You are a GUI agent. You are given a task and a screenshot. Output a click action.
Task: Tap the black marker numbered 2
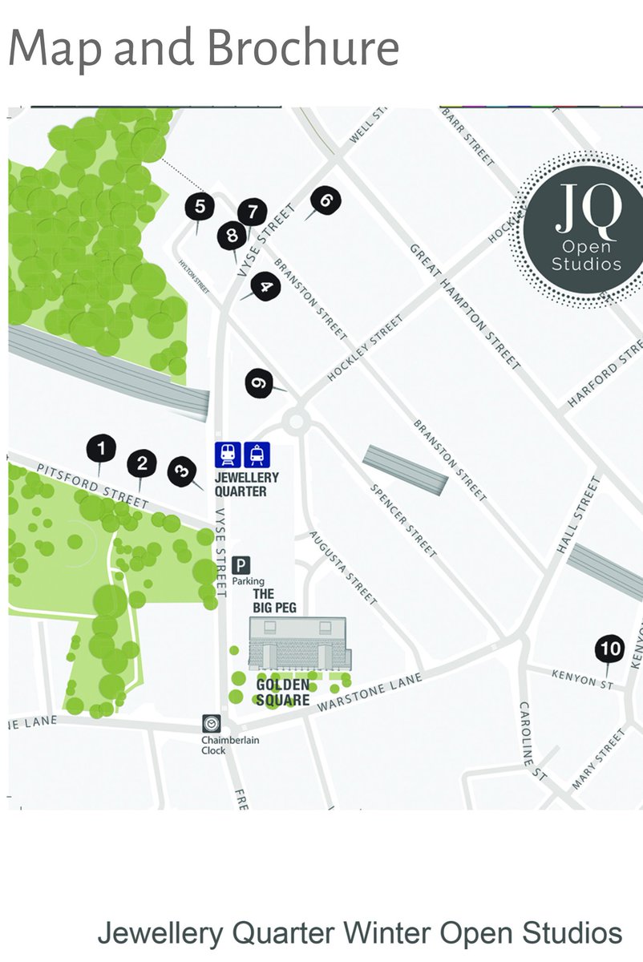click(x=143, y=463)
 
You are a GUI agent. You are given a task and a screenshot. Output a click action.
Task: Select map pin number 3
click(x=181, y=470)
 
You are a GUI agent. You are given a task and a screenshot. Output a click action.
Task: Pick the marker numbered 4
click(x=265, y=286)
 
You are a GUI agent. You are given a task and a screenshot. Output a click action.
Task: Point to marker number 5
click(x=200, y=206)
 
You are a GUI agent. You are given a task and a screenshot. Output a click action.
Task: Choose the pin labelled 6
click(x=326, y=200)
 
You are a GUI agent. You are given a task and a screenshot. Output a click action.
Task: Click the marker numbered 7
click(x=253, y=212)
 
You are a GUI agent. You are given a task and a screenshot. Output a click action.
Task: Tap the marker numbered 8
click(x=233, y=236)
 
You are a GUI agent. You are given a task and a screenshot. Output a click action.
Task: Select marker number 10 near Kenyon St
click(x=610, y=649)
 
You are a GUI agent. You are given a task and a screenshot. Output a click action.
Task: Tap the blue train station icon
click(x=228, y=455)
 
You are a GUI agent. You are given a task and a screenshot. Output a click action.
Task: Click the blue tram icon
click(x=257, y=455)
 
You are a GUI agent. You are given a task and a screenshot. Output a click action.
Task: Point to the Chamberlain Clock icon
click(x=212, y=723)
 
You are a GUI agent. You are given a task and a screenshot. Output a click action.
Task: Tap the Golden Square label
click(x=283, y=693)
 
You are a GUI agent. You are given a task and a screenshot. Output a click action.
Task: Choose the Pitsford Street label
click(x=93, y=485)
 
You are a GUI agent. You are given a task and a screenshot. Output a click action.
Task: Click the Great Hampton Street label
click(x=466, y=307)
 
